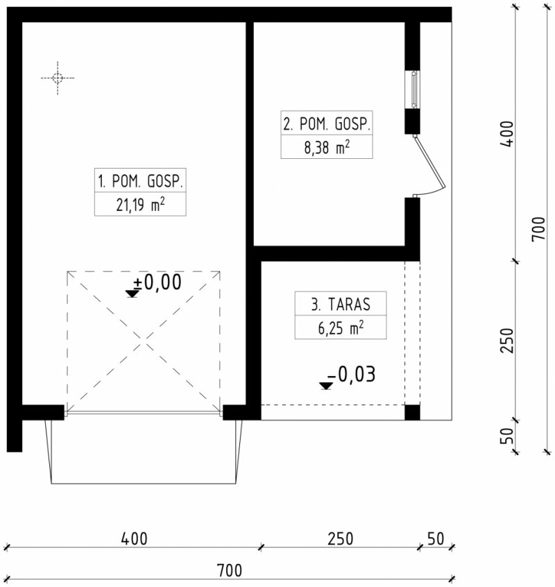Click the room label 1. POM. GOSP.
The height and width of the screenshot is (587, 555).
[x=140, y=181]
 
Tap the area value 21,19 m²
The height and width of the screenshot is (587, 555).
[x=140, y=205]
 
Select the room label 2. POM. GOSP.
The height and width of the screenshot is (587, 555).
[x=327, y=124]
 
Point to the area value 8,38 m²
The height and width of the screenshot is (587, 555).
[x=327, y=147]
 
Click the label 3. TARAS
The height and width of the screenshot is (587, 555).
[x=341, y=305]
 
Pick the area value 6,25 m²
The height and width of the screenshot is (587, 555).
[x=341, y=328]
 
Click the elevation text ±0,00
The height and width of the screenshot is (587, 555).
[x=157, y=282]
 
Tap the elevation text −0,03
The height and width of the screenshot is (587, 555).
[x=352, y=374]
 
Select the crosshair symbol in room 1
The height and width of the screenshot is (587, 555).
[x=58, y=78]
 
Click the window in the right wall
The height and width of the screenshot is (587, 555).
[x=413, y=89]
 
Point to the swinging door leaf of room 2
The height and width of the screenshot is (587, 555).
[x=429, y=162]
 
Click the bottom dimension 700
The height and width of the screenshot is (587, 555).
[x=230, y=571]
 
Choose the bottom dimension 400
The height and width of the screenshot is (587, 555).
[x=135, y=539]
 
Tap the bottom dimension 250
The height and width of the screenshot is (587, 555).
[x=340, y=539]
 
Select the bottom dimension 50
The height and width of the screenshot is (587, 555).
[x=436, y=539]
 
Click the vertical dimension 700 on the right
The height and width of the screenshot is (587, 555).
[x=539, y=229]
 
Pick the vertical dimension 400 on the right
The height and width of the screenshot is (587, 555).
[x=507, y=134]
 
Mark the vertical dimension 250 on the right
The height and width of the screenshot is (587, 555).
[x=507, y=340]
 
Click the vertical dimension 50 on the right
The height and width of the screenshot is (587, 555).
[x=507, y=436]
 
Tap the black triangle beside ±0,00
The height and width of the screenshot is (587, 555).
[x=132, y=293]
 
